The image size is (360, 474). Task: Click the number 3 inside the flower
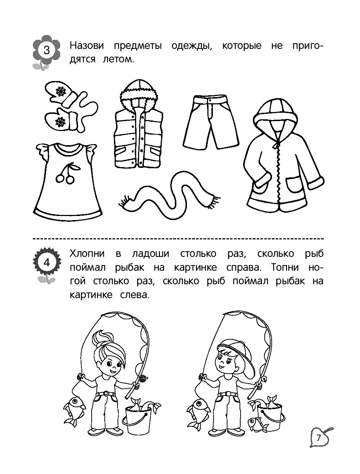pyautogui.click(x=46, y=51)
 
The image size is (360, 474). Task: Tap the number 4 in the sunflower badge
pyautogui.click(x=47, y=263)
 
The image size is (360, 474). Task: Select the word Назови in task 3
pyautogui.click(x=87, y=46)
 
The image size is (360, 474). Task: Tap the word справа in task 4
pyautogui.click(x=244, y=268)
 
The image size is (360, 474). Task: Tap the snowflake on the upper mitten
pyautogui.click(x=61, y=92)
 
